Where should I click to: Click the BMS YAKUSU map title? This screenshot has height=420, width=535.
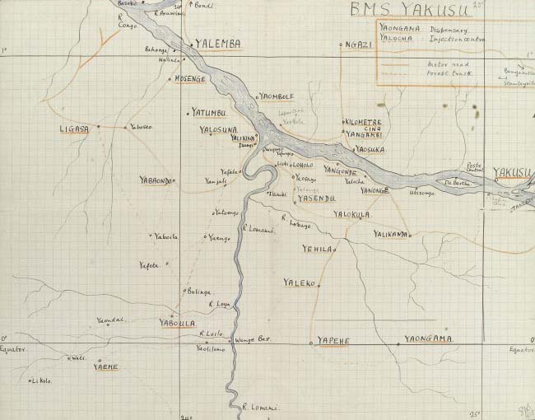tap(408, 10)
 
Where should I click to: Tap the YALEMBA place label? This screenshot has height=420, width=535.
tap(217, 45)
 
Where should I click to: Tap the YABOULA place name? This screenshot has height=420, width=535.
tap(177, 323)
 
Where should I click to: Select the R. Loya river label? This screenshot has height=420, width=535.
tap(219, 304)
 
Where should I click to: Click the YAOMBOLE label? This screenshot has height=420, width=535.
tap(278, 96)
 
